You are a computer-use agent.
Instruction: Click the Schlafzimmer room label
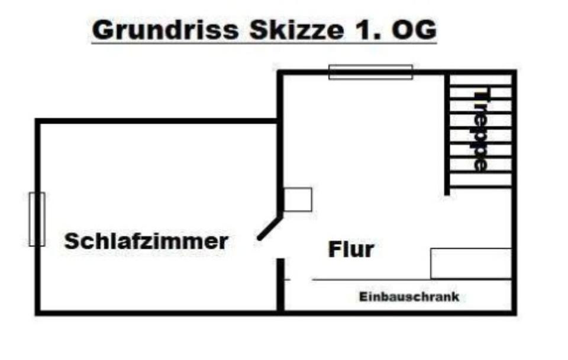point(146,242)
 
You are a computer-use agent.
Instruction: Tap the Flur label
point(351,250)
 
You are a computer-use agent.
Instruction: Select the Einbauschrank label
point(409,297)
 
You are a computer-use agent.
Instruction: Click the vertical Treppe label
point(482,130)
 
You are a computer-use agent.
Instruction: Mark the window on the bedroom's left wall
point(37,219)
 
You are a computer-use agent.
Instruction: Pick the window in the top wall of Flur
point(370,72)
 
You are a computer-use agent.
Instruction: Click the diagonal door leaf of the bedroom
point(270,228)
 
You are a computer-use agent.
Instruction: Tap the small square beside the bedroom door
point(298,200)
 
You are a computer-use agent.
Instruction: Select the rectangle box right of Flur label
point(470,263)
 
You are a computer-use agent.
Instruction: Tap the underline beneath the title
point(264,43)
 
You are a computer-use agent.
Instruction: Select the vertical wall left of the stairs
point(447,133)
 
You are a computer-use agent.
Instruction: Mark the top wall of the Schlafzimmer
point(157,121)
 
